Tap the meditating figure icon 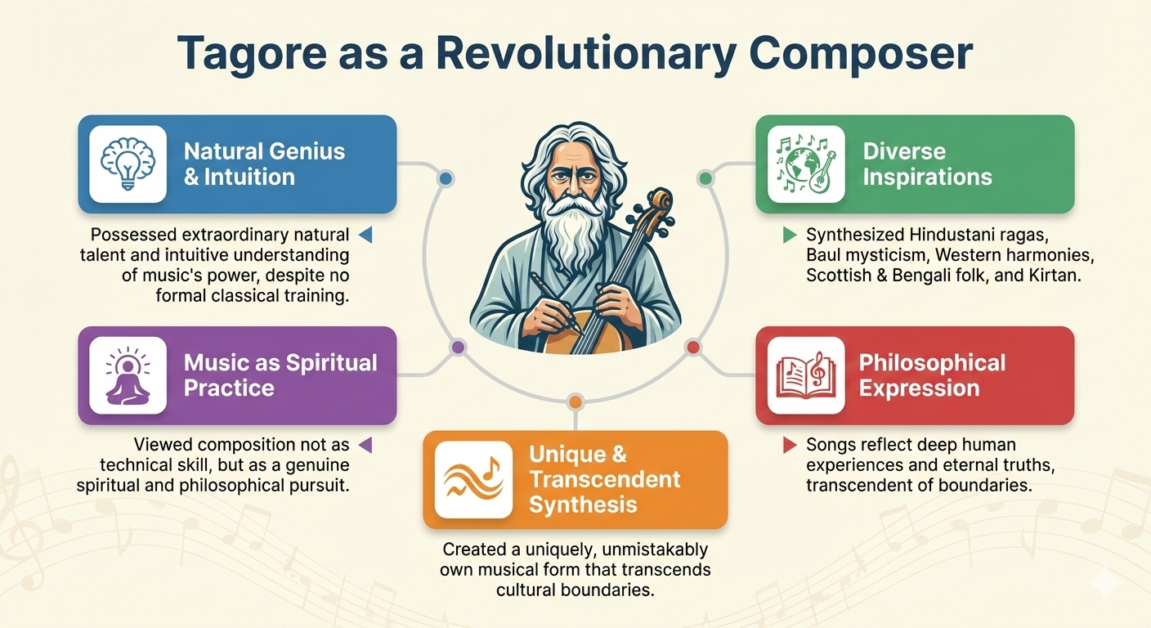click(x=128, y=375)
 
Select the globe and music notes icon click(x=806, y=164)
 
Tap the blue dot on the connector click(x=446, y=177)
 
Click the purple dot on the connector click(x=458, y=348)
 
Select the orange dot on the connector click(x=575, y=401)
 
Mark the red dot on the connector click(x=693, y=348)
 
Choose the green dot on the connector click(x=705, y=177)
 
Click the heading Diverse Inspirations click(x=927, y=164)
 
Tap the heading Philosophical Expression click(x=932, y=375)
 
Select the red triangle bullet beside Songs click(x=790, y=446)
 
